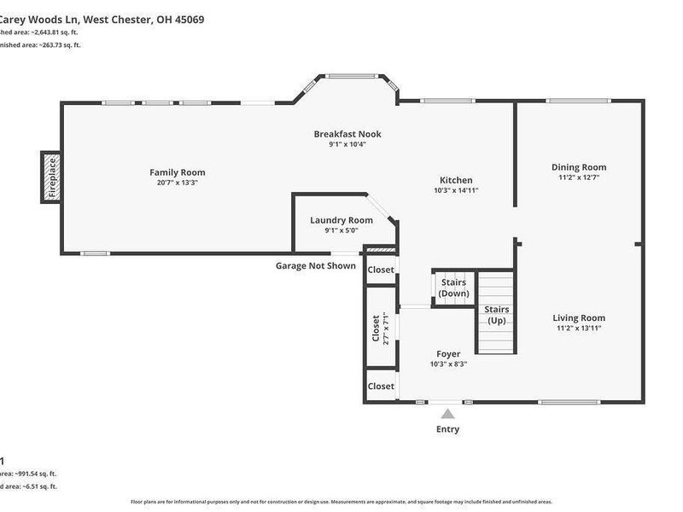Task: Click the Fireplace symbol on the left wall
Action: [51, 177]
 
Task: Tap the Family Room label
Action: [178, 172]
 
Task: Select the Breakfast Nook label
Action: [347, 134]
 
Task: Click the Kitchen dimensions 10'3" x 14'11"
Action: [456, 191]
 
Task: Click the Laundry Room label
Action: [341, 220]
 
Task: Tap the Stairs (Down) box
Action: [453, 287]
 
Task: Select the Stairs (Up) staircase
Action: [497, 314]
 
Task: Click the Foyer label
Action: [448, 353]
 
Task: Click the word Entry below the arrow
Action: [448, 429]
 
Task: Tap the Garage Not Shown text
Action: [315, 265]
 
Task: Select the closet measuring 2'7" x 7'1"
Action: [380, 329]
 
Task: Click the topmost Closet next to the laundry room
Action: [381, 270]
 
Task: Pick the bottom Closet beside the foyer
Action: [381, 386]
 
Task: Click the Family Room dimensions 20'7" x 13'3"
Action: [178, 183]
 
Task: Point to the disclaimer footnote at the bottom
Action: [341, 502]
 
